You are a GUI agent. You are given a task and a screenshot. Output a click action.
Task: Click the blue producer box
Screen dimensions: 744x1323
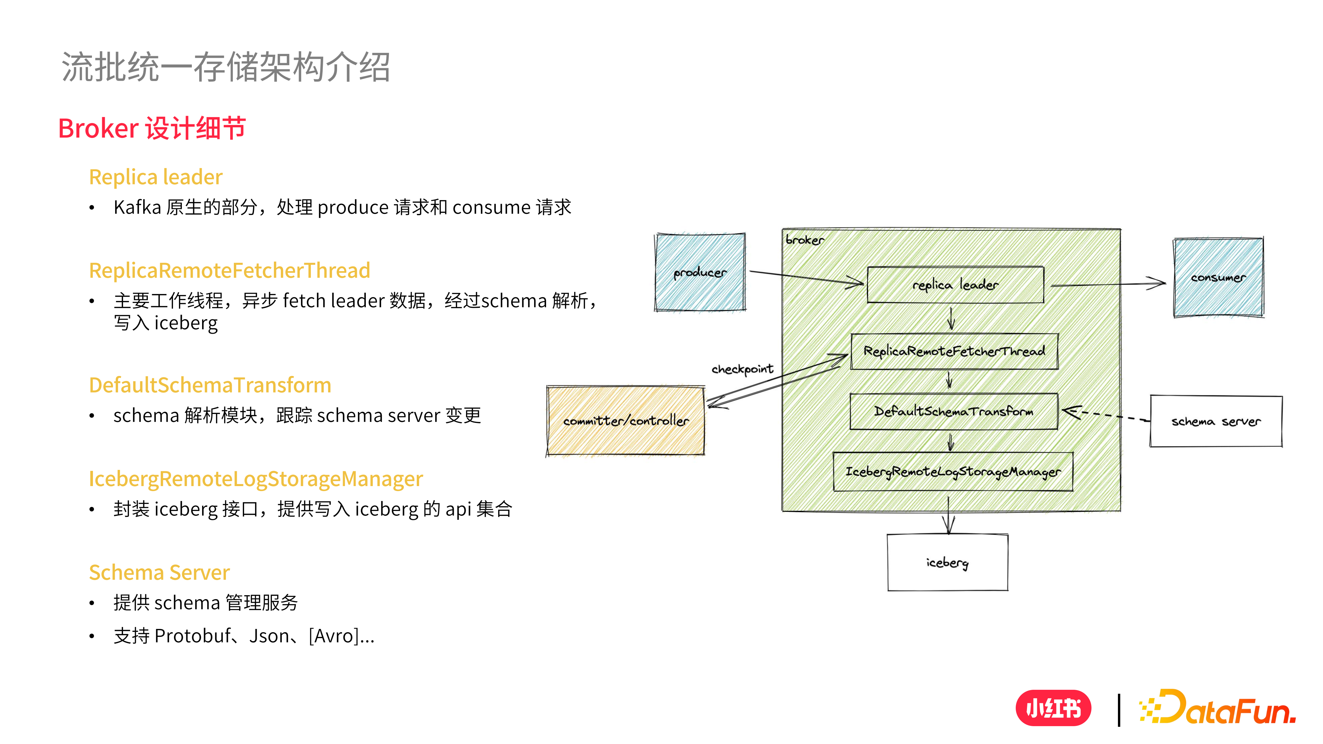click(700, 272)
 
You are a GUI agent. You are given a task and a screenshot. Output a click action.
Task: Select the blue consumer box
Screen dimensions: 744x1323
click(1218, 277)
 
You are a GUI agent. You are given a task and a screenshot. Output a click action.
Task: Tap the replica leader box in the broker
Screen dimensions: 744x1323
click(955, 284)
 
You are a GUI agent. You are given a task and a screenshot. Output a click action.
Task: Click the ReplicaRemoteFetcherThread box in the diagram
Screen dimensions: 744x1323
click(954, 351)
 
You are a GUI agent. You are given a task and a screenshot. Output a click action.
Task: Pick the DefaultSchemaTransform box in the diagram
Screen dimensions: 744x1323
click(954, 411)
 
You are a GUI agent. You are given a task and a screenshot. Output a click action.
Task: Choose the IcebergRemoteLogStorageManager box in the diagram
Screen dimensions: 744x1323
click(953, 471)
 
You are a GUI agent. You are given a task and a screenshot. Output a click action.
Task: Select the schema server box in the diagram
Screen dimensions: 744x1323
click(1216, 421)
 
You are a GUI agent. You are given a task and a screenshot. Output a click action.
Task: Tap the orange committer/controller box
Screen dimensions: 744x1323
click(625, 421)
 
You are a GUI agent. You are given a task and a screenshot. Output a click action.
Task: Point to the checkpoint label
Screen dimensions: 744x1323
click(742, 369)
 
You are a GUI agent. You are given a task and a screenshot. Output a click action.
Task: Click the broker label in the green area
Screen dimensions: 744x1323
click(804, 240)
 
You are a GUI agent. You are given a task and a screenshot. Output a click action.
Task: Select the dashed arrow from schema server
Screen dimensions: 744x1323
click(1104, 415)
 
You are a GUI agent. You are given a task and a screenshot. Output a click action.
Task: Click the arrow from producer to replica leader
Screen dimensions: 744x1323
click(806, 277)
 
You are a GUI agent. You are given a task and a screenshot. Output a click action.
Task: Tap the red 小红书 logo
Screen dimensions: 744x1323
click(1053, 708)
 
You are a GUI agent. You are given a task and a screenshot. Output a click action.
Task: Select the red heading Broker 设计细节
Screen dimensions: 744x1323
click(152, 128)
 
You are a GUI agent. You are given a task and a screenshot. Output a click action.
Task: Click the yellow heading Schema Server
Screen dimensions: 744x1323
click(159, 572)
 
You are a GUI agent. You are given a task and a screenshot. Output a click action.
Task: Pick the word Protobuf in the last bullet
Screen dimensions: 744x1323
click(192, 636)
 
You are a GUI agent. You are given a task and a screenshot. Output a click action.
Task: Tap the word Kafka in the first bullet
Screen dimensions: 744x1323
click(137, 207)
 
